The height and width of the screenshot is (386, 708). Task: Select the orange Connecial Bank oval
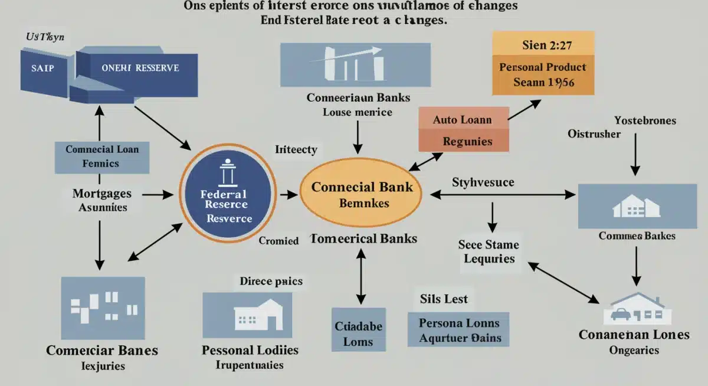(x=362, y=194)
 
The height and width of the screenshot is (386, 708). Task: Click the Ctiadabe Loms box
(x=358, y=333)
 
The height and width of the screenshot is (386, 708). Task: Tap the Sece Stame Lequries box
(x=489, y=252)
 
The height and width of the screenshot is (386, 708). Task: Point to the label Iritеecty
(x=296, y=149)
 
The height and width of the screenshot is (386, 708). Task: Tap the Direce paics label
(x=271, y=281)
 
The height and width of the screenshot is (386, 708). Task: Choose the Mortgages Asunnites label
(x=101, y=199)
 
